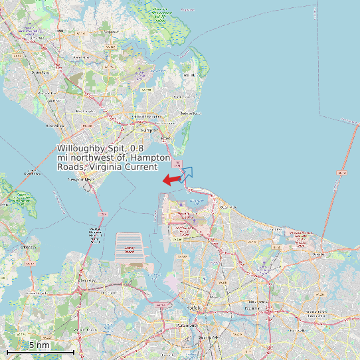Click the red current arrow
click(x=171, y=179)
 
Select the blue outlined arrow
click(x=187, y=173)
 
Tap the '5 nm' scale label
click(x=39, y=345)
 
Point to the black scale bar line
click(x=40, y=351)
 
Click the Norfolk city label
click(x=194, y=308)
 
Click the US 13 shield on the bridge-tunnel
click(x=341, y=173)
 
